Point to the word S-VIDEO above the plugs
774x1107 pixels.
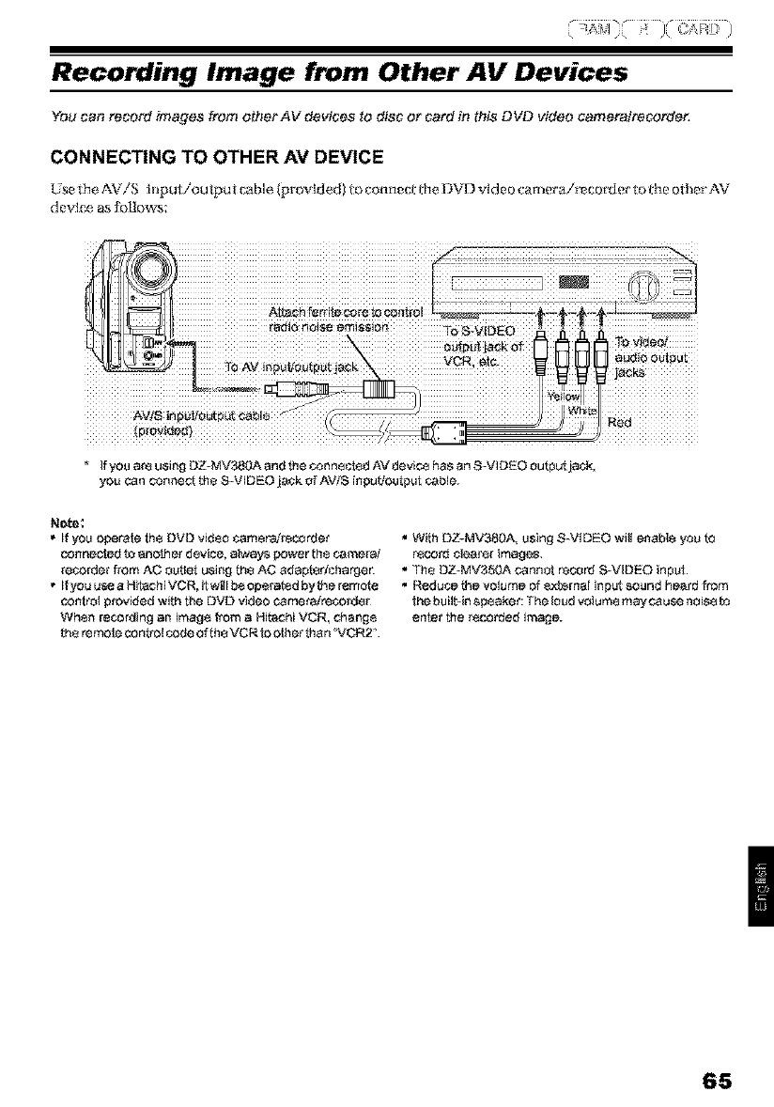(x=481, y=331)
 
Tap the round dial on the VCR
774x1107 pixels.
(x=646, y=283)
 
